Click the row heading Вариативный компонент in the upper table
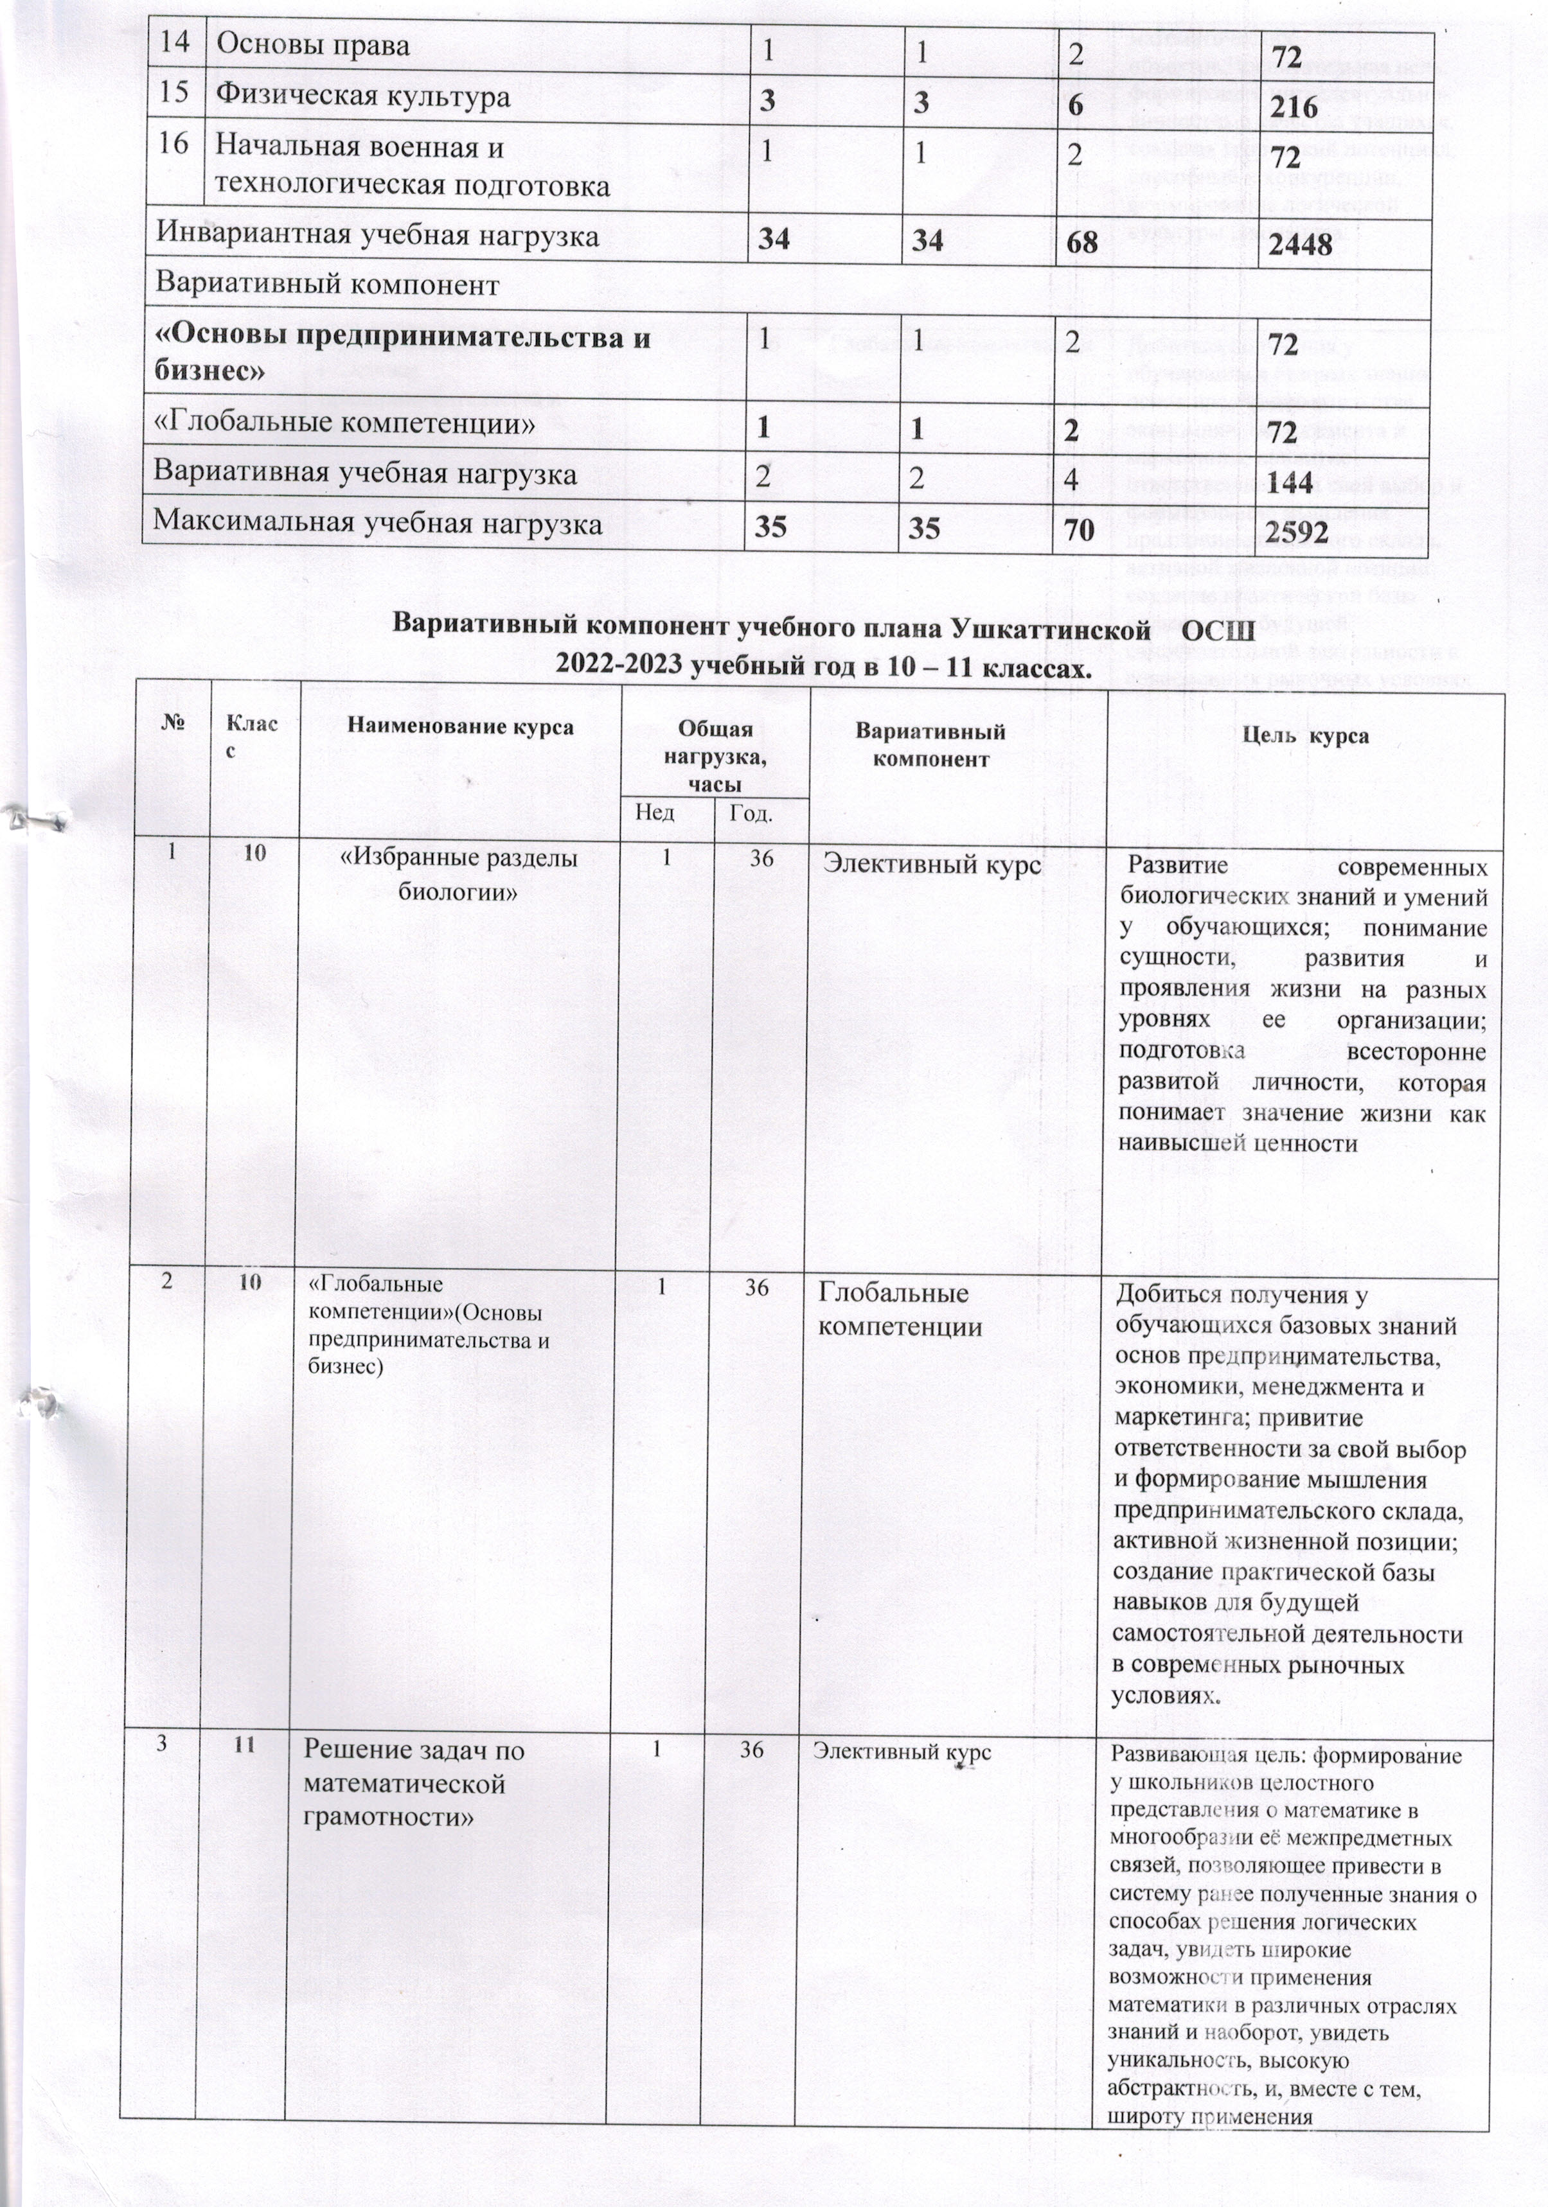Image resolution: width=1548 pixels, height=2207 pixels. [x=327, y=285]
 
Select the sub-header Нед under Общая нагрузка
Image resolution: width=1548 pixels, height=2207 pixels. [x=654, y=813]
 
